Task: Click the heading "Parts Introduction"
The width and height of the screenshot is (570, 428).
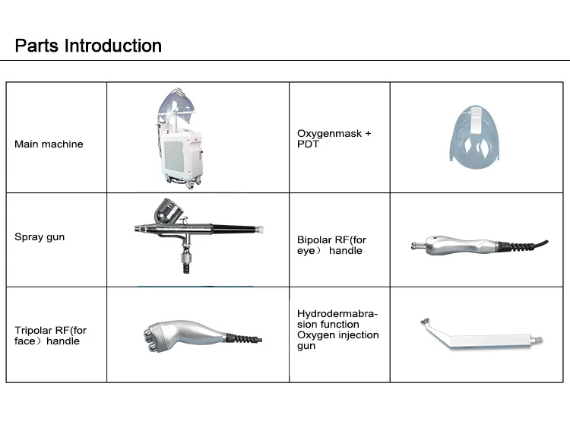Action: pos(88,46)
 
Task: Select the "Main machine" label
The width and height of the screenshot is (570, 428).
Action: pos(49,144)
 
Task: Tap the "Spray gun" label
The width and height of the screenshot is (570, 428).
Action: pos(40,237)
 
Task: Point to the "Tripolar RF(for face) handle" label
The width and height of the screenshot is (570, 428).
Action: pos(51,336)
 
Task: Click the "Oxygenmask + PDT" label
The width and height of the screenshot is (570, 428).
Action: pos(334,138)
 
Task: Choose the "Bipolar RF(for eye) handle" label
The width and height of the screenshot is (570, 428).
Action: pos(331,246)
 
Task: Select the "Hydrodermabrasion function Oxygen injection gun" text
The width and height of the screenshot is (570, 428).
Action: pos(337,330)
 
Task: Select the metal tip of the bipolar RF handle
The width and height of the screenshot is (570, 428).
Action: pos(419,244)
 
